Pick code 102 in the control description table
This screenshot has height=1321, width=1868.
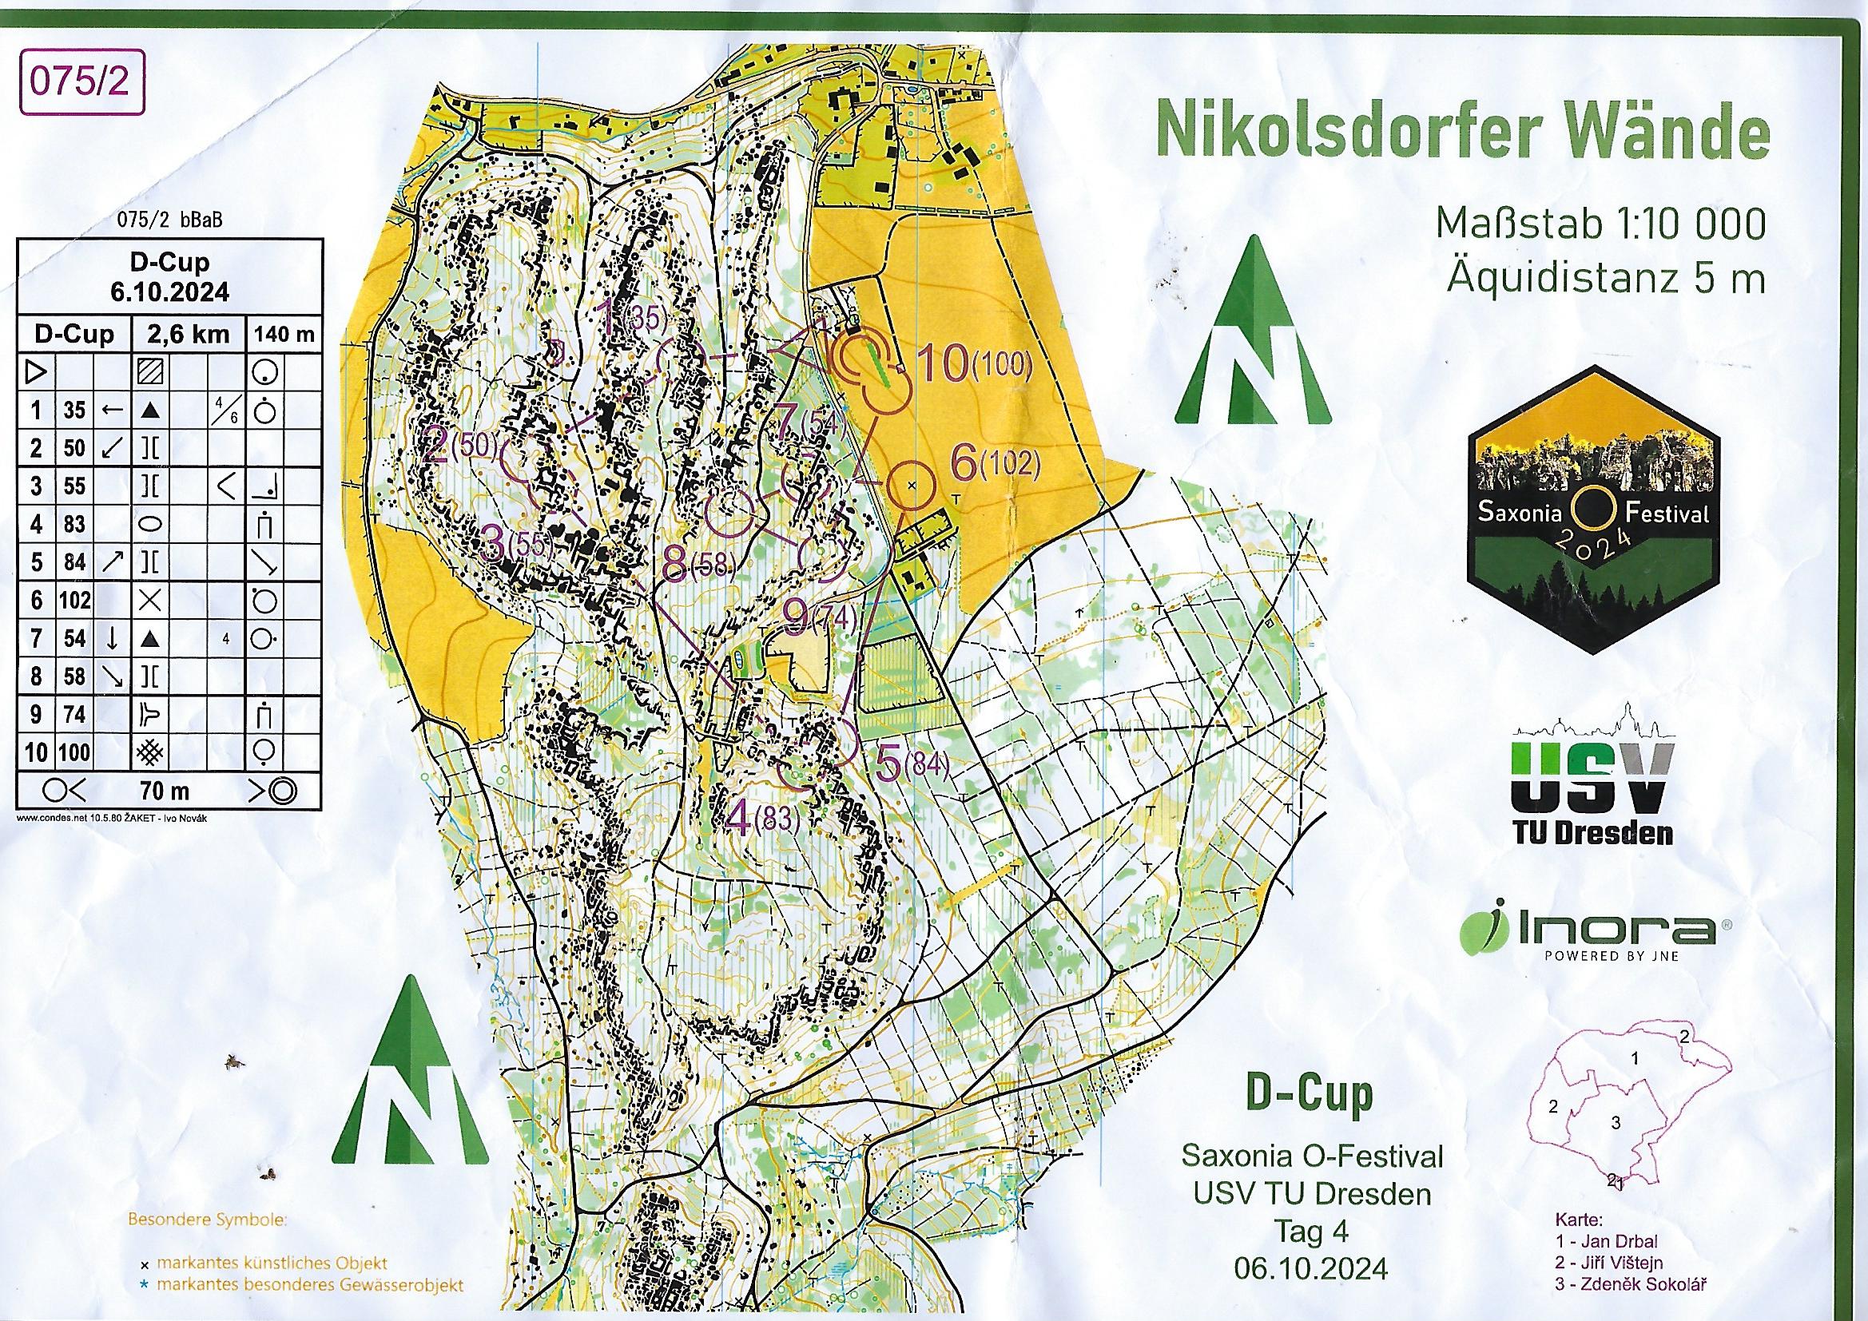74,601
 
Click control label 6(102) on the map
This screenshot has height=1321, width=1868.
995,465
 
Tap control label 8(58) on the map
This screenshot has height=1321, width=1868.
698,565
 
